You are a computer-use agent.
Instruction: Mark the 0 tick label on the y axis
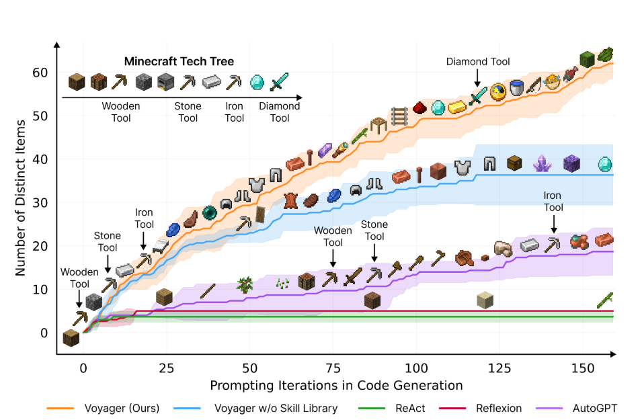click(44, 333)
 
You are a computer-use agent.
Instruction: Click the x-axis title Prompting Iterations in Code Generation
click(336, 386)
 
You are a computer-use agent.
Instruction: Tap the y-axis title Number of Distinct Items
click(20, 198)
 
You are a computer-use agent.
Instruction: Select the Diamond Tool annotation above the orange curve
click(478, 62)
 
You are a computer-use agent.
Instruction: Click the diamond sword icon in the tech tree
click(279, 82)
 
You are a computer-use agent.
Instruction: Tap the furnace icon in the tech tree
click(166, 82)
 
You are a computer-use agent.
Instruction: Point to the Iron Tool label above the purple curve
click(553, 202)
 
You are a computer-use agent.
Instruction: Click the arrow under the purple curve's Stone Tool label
click(374, 254)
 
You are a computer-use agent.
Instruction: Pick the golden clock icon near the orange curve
click(498, 91)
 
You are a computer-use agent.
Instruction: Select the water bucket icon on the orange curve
click(516, 87)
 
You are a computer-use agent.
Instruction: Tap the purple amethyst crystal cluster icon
click(542, 163)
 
